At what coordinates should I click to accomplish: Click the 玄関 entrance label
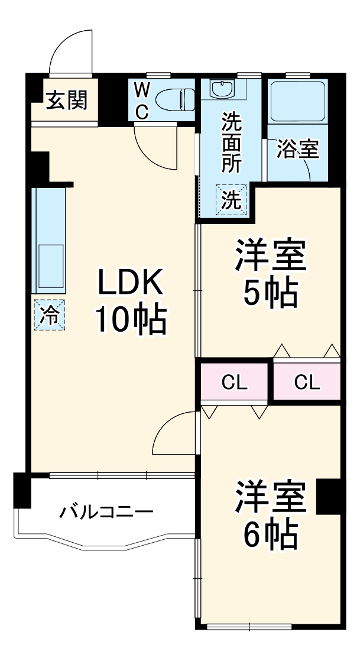pos(67,101)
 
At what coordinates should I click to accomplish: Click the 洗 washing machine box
pos(231,201)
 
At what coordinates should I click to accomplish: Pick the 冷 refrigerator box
pos(50,315)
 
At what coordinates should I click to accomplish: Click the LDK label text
pos(129,284)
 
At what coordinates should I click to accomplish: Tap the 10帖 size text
pos(130,320)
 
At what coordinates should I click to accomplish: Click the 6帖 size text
pos(270,534)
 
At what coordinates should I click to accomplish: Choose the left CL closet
pos(234,383)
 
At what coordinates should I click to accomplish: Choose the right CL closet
pos(307,383)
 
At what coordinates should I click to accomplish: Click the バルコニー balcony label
pos(106,511)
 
